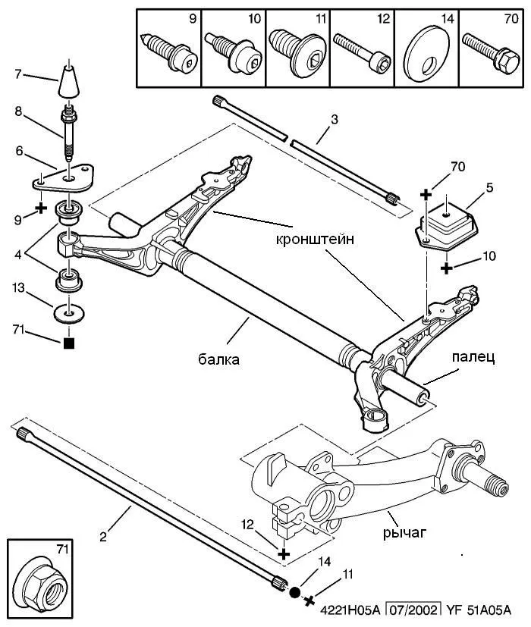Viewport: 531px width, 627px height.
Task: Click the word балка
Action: point(219,359)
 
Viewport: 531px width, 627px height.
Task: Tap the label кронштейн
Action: point(315,240)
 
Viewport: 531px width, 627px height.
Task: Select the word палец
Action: point(473,356)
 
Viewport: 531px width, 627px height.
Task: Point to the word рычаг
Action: point(404,533)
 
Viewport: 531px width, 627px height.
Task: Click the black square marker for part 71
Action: point(69,343)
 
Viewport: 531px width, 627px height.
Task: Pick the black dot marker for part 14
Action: point(295,592)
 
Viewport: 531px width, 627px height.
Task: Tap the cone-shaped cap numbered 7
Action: point(68,81)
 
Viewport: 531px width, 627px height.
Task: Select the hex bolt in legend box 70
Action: point(491,54)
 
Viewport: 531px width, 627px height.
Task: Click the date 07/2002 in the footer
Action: point(413,610)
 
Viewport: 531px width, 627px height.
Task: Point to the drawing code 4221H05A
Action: point(350,610)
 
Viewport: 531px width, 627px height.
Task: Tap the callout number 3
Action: point(335,119)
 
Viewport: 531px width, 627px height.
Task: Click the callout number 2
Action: point(103,537)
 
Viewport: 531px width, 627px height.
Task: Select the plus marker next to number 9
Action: point(41,208)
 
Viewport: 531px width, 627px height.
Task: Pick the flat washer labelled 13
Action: point(69,314)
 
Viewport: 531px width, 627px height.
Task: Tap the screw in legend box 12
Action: point(362,52)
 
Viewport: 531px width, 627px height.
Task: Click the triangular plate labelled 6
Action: point(64,179)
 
